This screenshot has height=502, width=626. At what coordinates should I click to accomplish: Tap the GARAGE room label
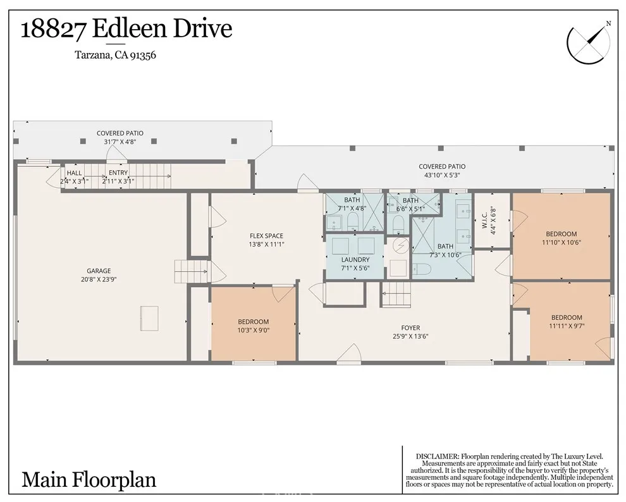pyautogui.click(x=99, y=270)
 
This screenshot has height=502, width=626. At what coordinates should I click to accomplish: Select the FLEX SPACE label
pyautogui.click(x=266, y=236)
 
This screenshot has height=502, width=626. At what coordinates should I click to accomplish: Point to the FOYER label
pyautogui.click(x=410, y=328)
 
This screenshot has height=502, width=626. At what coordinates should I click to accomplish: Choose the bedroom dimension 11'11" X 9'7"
pyautogui.click(x=566, y=326)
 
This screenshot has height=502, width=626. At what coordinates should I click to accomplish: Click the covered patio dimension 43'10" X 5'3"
pyautogui.click(x=442, y=175)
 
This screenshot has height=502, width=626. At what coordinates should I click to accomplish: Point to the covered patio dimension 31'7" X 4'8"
pyautogui.click(x=120, y=142)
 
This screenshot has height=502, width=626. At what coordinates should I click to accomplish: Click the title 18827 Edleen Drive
pyautogui.click(x=126, y=29)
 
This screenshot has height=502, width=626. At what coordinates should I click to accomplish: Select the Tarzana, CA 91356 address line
pyautogui.click(x=116, y=55)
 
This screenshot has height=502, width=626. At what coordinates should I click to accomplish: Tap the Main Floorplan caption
pyautogui.click(x=89, y=479)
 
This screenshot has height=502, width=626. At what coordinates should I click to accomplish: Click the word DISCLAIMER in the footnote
pyautogui.click(x=437, y=456)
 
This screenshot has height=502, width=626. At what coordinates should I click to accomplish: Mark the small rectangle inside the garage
pyautogui.click(x=149, y=318)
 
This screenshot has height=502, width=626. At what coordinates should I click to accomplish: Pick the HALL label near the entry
pyautogui.click(x=74, y=173)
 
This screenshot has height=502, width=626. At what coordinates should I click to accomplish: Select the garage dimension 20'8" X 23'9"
pyautogui.click(x=99, y=278)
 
